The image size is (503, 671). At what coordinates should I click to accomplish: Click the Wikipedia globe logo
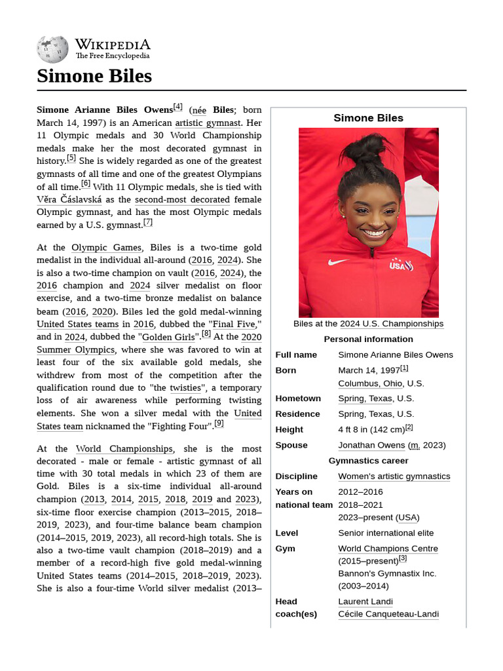[52, 49]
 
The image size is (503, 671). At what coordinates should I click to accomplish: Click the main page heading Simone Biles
[94, 76]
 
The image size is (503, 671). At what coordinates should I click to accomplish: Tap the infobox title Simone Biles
[368, 118]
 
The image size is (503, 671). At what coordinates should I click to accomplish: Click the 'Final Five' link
[234, 324]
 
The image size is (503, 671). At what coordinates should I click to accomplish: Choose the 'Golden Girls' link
[168, 337]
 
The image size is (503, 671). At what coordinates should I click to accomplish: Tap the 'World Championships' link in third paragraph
[124, 449]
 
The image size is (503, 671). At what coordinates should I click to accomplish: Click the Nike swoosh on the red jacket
[338, 262]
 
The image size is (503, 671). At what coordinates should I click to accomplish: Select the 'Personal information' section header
[368, 339]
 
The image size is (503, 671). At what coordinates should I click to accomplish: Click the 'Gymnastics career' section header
[368, 461]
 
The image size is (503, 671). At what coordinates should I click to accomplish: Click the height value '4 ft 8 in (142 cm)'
[371, 429]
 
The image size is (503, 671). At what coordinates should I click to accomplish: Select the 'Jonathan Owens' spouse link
[371, 445]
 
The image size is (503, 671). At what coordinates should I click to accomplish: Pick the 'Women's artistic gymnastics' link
[394, 476]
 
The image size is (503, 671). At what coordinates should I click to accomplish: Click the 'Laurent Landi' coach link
[365, 602]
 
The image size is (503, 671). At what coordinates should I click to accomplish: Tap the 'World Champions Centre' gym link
[388, 548]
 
